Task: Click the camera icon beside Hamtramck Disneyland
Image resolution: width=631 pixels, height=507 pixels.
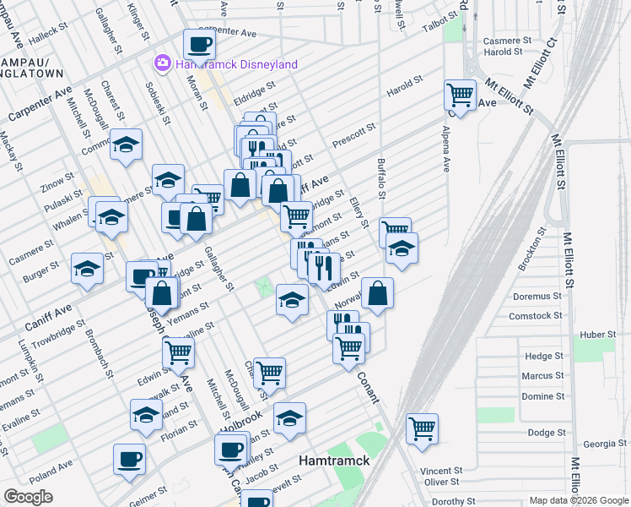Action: (161, 63)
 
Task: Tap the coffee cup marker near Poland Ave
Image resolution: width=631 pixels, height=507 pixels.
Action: (130, 459)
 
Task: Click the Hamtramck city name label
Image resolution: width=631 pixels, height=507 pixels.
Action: (332, 461)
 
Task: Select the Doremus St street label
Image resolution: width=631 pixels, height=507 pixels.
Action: (537, 296)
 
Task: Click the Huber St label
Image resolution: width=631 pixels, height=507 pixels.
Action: (597, 335)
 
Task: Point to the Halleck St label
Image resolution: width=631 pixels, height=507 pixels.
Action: (47, 40)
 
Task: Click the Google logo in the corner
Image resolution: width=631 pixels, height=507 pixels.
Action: (29, 497)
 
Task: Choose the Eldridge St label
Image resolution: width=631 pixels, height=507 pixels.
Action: (256, 87)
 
